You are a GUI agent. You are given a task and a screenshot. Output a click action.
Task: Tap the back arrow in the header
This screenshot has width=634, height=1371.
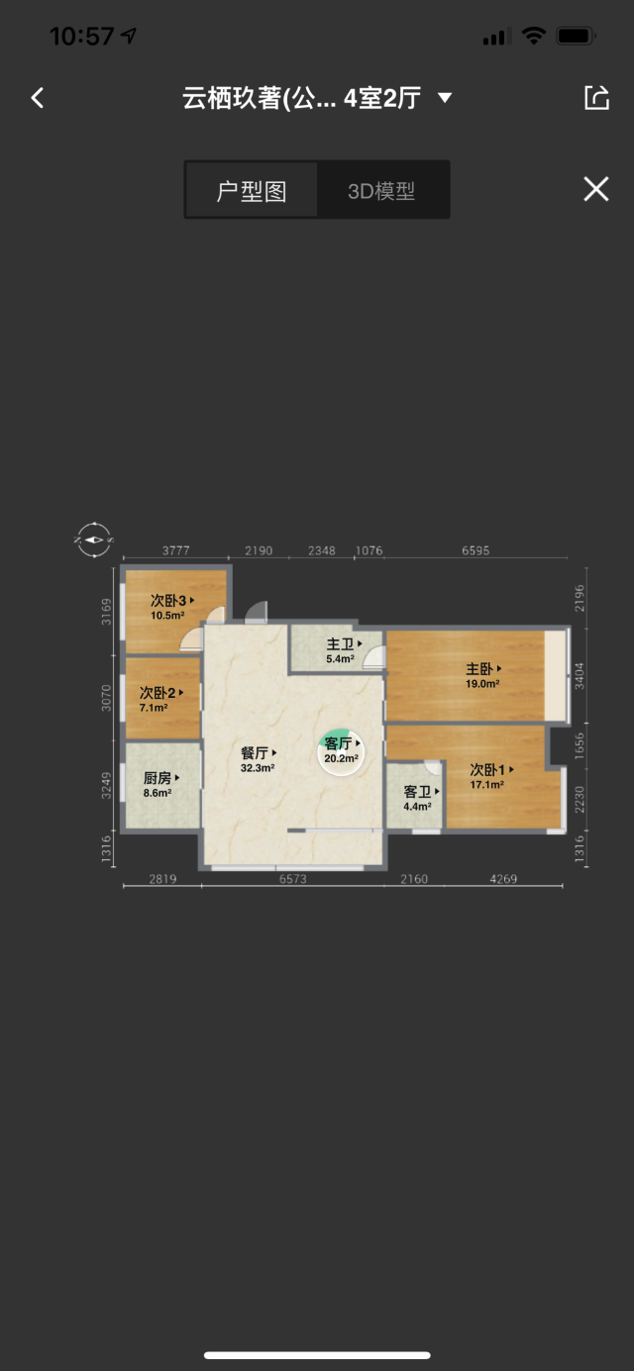(38, 98)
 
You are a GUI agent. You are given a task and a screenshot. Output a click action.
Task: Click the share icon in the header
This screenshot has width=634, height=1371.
(596, 97)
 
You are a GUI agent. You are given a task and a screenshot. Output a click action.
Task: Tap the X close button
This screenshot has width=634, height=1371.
(596, 189)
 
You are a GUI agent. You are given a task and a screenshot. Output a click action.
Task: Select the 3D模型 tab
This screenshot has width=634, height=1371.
(381, 191)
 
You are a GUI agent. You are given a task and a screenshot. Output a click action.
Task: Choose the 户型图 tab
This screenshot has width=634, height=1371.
(252, 191)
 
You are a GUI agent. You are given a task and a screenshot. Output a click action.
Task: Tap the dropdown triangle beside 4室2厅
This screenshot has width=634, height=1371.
(445, 97)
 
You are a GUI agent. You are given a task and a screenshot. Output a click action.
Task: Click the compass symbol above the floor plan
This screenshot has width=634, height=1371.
(94, 539)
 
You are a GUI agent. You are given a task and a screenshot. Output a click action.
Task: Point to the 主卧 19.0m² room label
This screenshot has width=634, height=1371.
(483, 676)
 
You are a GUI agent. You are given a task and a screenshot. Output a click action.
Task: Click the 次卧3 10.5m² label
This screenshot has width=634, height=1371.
(172, 607)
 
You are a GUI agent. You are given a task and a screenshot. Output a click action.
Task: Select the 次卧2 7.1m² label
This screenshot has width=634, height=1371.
(161, 700)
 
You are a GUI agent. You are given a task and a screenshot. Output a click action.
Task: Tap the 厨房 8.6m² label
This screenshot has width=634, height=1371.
(161, 785)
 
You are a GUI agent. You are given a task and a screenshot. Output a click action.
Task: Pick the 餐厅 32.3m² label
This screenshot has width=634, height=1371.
(259, 759)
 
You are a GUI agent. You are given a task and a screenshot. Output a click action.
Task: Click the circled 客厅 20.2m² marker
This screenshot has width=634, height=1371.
(341, 752)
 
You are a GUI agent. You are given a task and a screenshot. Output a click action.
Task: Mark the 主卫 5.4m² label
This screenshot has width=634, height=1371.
(344, 650)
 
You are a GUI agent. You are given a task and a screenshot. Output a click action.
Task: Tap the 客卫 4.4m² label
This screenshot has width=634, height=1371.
(421, 798)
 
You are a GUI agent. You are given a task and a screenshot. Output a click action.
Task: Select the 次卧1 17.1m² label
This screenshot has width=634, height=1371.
(491, 776)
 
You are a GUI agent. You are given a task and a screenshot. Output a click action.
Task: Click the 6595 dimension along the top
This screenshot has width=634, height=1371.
(475, 550)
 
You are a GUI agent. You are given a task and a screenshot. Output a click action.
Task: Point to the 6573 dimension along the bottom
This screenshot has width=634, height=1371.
(293, 879)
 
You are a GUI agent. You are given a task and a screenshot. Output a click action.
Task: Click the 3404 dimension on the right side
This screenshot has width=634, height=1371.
(580, 676)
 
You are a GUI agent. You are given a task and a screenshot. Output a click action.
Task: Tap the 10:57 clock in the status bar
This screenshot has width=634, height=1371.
(82, 36)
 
